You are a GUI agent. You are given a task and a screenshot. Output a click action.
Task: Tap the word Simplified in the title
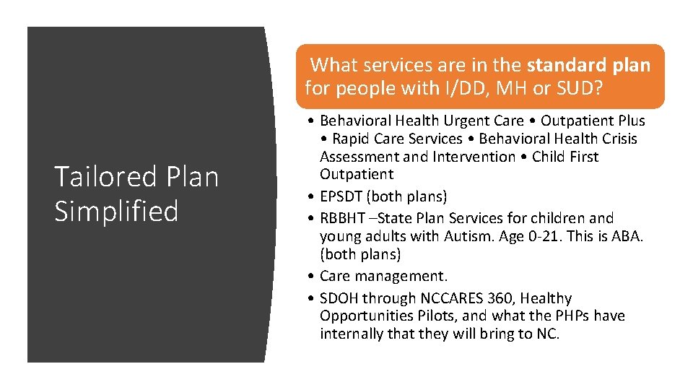tap(116, 211)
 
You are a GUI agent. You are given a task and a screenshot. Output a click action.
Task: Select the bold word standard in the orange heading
tap(562, 65)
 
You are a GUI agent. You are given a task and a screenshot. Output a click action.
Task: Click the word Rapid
tap(351, 139)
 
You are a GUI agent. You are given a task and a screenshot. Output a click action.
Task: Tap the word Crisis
tap(616, 139)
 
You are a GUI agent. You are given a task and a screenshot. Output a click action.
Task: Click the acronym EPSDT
tap(342, 196)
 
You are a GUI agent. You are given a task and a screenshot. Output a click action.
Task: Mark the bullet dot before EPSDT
tap(309, 196)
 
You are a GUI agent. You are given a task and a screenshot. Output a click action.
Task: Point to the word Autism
tap(465, 236)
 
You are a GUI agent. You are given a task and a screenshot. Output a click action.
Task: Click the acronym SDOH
tap(339, 298)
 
